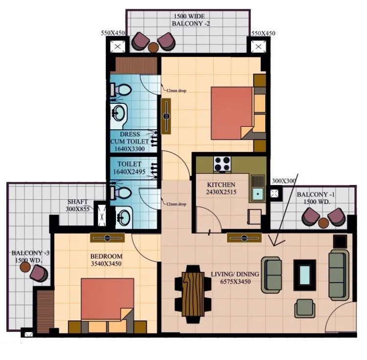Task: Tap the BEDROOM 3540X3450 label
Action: click(106, 260)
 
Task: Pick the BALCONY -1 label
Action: click(314, 198)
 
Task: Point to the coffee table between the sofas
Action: click(304, 271)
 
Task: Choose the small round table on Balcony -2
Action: click(154, 47)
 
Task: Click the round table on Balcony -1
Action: click(323, 222)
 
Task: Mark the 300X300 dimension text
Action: click(282, 181)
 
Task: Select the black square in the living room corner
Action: click(340, 241)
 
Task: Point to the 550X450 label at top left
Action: click(113, 33)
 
